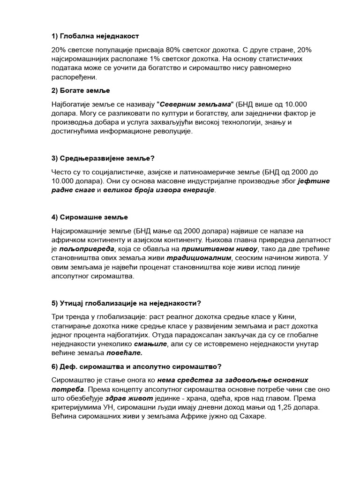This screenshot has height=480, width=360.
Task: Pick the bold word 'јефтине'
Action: click(312, 181)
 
